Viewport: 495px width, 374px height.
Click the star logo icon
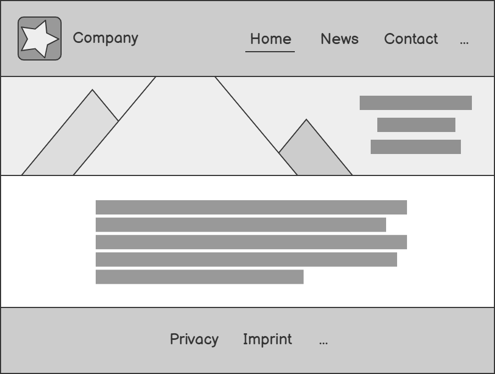click(x=40, y=38)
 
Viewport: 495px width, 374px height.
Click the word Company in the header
click(x=105, y=38)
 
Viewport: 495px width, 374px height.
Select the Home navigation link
click(x=270, y=39)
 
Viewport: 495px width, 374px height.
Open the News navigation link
click(x=339, y=39)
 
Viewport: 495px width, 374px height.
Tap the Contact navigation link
click(x=411, y=39)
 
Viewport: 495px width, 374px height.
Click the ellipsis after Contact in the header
click(x=464, y=41)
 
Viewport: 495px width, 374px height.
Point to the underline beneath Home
click(x=270, y=52)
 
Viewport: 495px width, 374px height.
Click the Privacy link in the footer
click(x=194, y=339)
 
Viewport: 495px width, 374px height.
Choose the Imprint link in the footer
click(x=267, y=339)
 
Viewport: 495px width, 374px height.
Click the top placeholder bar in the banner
click(x=415, y=103)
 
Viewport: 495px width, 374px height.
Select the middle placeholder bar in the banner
click(x=416, y=125)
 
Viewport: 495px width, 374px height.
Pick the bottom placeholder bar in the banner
click(x=415, y=147)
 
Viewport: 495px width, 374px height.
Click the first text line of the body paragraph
click(x=251, y=207)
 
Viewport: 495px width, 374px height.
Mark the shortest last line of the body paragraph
click(x=199, y=277)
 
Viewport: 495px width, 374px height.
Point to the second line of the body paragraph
click(x=240, y=225)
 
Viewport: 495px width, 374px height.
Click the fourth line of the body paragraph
click(x=246, y=260)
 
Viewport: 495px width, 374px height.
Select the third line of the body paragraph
click(x=251, y=242)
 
